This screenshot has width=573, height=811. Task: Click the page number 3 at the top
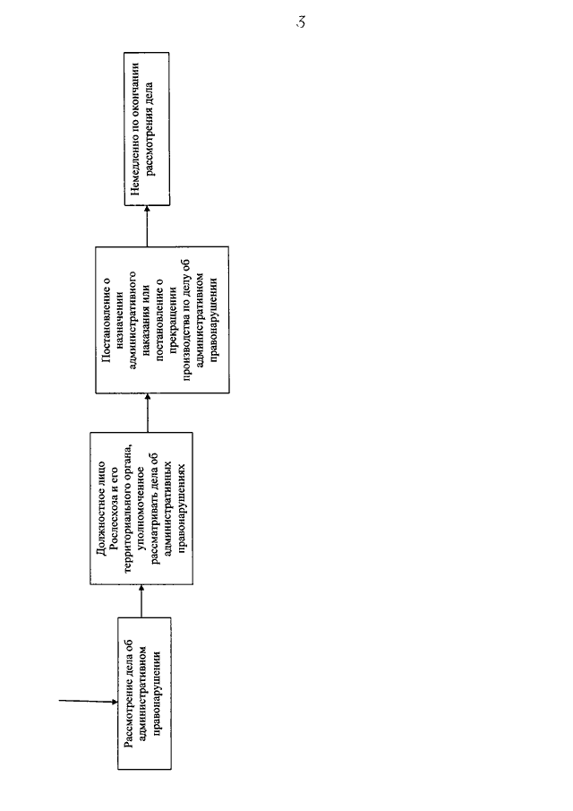301,22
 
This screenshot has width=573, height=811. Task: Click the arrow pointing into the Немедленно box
147,226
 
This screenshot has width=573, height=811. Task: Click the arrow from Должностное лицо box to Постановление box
147,413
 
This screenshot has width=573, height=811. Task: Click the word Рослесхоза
114,528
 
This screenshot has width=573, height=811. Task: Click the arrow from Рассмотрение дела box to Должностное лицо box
141,601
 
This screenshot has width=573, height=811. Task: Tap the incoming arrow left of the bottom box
89,702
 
